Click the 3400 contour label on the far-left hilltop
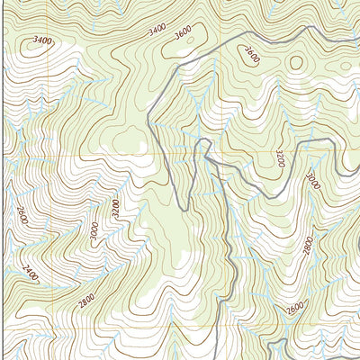pos(41,40)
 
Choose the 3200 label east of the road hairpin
pos(280,158)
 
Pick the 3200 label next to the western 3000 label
pos(114,209)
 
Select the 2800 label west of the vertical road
pos(86,301)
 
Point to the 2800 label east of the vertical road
pos(307,245)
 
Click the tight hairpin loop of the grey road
pos(203,144)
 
